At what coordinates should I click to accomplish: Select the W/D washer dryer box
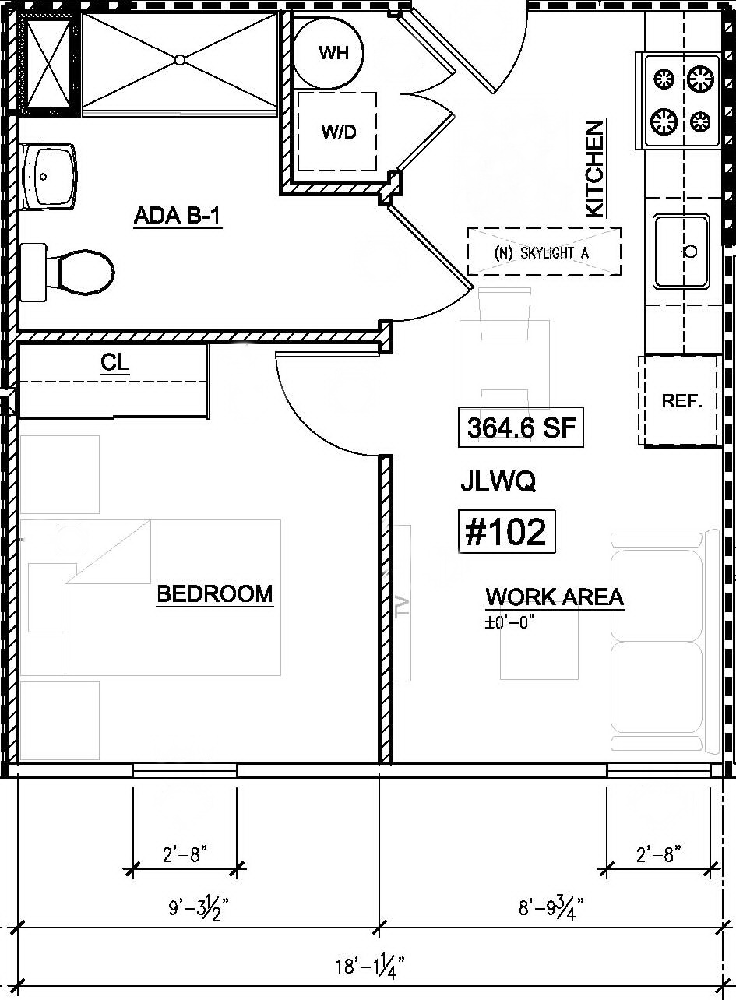337,132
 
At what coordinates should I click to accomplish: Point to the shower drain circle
180,59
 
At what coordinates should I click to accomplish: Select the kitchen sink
681,251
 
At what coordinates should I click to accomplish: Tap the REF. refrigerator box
681,401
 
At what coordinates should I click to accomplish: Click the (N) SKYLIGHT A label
544,252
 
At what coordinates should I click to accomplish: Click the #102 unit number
506,532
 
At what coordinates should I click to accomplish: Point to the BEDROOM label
215,594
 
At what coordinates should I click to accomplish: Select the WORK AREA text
555,597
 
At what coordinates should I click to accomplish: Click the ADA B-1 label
178,216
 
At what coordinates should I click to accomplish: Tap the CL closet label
114,362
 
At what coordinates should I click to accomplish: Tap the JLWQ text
498,482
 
